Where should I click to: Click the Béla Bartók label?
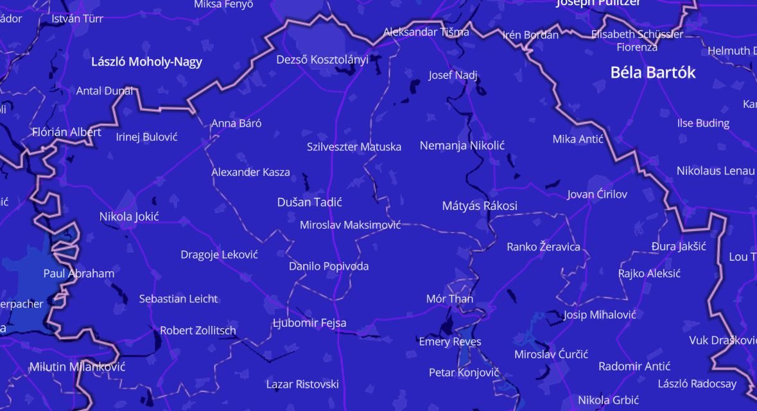tap(652, 73)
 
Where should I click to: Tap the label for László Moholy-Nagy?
tap(146, 62)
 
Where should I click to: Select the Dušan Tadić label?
tap(309, 202)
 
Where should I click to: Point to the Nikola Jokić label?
tap(129, 216)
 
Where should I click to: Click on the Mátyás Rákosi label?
tap(480, 206)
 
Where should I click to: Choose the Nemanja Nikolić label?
tap(462, 146)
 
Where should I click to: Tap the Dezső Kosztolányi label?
tap(322, 60)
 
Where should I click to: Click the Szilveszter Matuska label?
tap(354, 147)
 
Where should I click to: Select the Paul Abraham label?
tap(79, 274)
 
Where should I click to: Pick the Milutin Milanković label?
tap(77, 367)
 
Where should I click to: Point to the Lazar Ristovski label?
tap(302, 385)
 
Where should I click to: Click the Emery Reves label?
tap(450, 342)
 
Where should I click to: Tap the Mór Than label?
tap(449, 299)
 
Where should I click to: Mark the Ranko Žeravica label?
tap(543, 247)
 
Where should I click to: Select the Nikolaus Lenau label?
tap(715, 171)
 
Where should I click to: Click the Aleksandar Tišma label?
tap(426, 32)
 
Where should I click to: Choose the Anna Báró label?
tap(236, 124)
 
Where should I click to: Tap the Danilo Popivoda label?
tap(329, 267)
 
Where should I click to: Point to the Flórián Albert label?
tap(67, 133)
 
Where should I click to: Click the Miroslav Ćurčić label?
tap(551, 354)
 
